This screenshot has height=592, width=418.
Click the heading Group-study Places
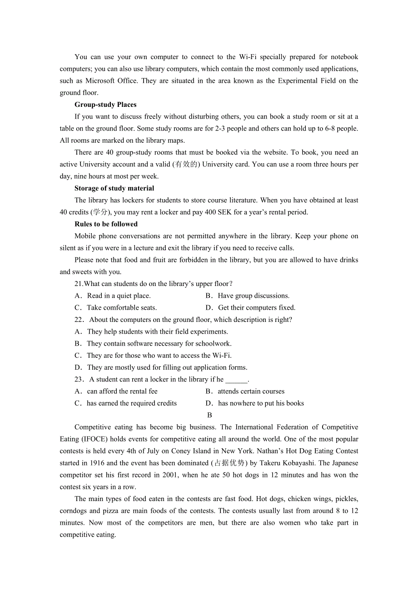[105, 105]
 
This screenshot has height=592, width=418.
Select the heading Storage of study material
[114, 188]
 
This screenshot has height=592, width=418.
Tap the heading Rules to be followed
[106, 224]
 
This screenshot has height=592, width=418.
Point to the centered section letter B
[209, 415]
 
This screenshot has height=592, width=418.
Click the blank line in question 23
[236, 380]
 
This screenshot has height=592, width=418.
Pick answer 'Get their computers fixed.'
[256, 308]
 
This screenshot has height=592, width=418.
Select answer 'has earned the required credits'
[131, 403]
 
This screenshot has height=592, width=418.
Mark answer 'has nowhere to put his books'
[261, 403]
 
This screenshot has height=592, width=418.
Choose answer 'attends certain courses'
[251, 391]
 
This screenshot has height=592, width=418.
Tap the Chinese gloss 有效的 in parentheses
[186, 165]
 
